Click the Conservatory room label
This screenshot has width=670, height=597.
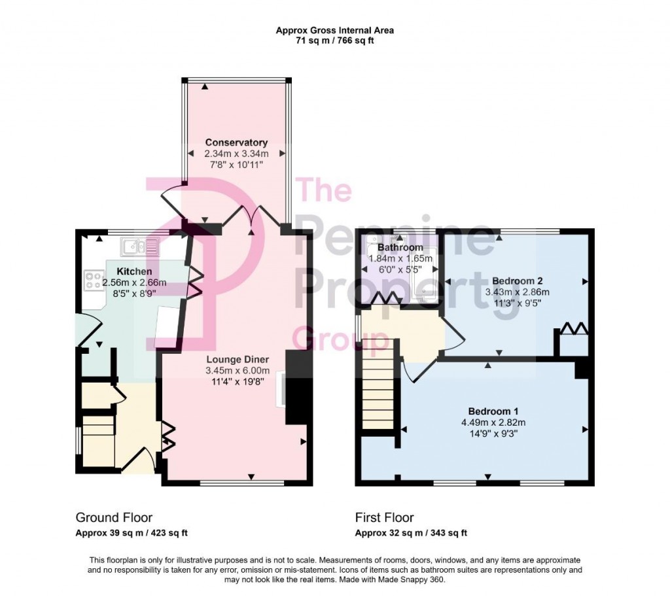pyautogui.click(x=236, y=143)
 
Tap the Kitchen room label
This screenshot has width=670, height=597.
pyautogui.click(x=134, y=271)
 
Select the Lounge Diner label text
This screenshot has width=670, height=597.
pyautogui.click(x=236, y=359)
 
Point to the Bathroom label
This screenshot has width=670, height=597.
pyautogui.click(x=400, y=248)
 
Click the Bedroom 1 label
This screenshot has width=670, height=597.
pyautogui.click(x=493, y=411)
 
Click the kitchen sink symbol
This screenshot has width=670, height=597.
pyautogui.click(x=139, y=247)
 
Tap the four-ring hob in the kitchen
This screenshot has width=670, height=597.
pyautogui.click(x=93, y=281)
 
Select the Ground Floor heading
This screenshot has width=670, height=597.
pyautogui.click(x=114, y=518)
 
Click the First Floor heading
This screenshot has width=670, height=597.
pyautogui.click(x=384, y=518)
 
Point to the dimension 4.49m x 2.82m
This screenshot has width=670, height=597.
pyautogui.click(x=493, y=422)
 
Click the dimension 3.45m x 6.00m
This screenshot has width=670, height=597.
pyautogui.click(x=236, y=370)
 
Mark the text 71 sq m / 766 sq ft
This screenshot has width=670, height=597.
pyautogui.click(x=334, y=41)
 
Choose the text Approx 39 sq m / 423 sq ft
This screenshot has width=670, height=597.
pyautogui.click(x=132, y=532)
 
